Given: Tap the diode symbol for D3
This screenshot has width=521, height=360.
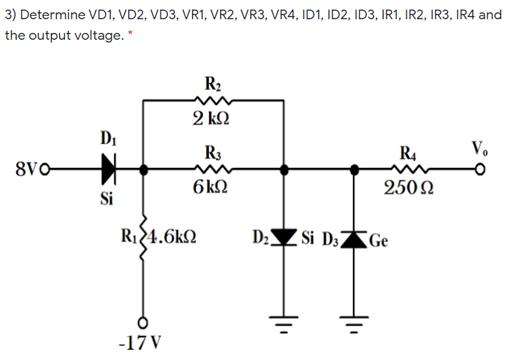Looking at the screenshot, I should pos(355,239).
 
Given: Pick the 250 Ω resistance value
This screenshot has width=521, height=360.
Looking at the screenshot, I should pos(409,187).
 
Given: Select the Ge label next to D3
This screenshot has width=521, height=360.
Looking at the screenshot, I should pos(379,241).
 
